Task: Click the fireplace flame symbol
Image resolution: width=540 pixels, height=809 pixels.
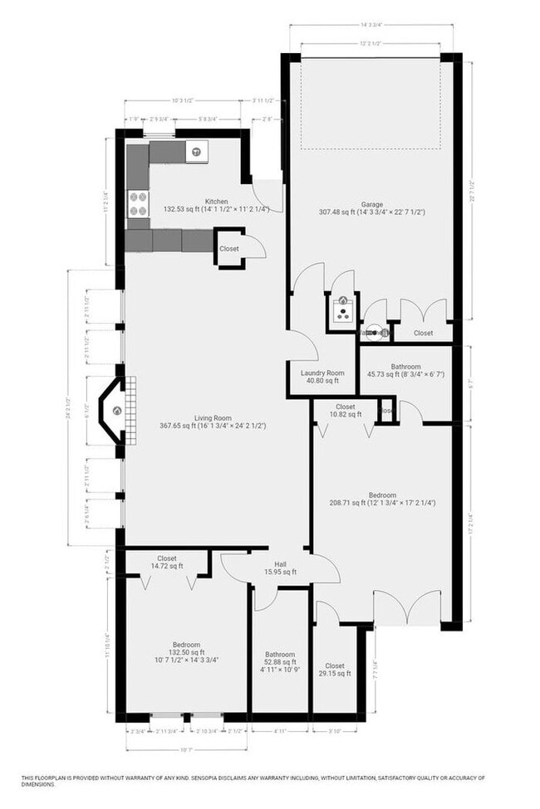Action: tap(117, 410)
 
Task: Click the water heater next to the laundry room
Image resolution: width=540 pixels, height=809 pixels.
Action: tap(340, 312)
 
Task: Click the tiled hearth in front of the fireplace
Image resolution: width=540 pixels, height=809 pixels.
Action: tap(130, 410)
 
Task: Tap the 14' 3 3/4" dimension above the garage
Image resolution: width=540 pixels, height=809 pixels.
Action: tap(371, 25)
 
